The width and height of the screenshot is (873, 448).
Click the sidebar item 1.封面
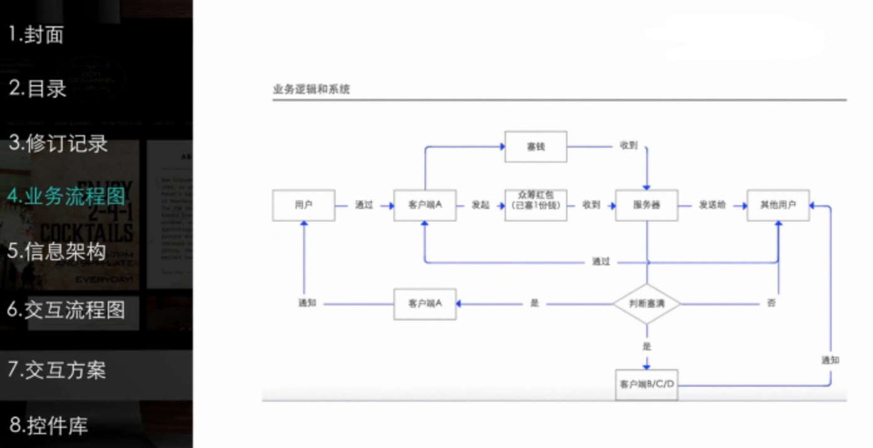[36, 35]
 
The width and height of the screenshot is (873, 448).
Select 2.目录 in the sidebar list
[38, 88]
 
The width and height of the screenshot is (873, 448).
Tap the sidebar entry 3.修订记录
[58, 143]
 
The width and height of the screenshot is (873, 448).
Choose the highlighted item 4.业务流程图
[66, 196]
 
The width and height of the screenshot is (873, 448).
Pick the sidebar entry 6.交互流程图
[66, 310]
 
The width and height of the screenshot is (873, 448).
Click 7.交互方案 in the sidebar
[57, 370]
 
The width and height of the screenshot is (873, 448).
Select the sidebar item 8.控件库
[48, 425]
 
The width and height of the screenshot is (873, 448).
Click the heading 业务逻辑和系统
[311, 89]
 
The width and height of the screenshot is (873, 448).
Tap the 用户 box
[303, 205]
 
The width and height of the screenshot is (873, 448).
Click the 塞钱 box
[535, 146]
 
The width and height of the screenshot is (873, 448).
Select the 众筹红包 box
[535, 205]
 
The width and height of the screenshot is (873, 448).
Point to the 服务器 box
[646, 205]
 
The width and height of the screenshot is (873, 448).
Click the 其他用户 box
[778, 205]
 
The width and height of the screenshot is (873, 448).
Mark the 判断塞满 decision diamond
[646, 304]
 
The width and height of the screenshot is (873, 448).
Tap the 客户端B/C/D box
[646, 384]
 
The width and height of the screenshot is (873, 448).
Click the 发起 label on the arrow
[480, 205]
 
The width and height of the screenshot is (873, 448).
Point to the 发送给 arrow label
[712, 205]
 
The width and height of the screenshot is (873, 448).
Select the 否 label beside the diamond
[771, 303]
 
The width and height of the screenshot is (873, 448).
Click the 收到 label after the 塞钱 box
[628, 146]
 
